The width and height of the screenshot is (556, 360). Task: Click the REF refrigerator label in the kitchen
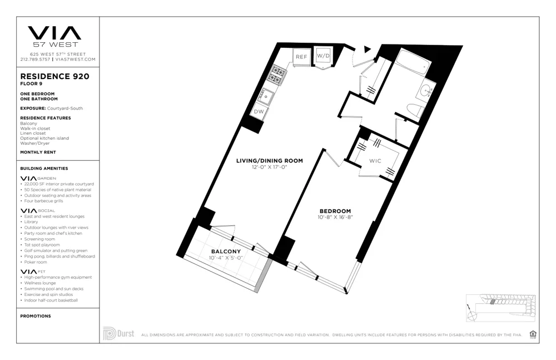click(x=301, y=57)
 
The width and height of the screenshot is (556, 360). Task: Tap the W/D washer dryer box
click(x=324, y=56)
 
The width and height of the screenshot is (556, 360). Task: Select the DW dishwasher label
click(x=259, y=111)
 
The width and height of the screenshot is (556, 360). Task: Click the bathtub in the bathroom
click(x=412, y=62)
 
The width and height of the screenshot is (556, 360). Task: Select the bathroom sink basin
click(x=427, y=89)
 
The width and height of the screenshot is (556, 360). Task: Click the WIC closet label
click(x=375, y=161)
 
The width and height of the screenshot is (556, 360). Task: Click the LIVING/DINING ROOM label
click(x=270, y=161)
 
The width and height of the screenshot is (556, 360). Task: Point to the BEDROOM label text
click(x=335, y=211)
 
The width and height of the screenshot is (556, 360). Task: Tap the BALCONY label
click(x=225, y=251)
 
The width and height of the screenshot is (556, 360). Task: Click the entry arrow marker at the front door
click(x=366, y=49)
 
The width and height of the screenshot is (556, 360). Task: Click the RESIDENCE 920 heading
click(x=54, y=76)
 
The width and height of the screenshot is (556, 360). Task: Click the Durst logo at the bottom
click(x=118, y=334)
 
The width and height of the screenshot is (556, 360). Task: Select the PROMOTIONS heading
click(x=36, y=316)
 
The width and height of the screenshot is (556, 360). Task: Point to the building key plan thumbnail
click(x=501, y=308)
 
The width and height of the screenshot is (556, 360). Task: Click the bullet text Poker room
click(x=36, y=262)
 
